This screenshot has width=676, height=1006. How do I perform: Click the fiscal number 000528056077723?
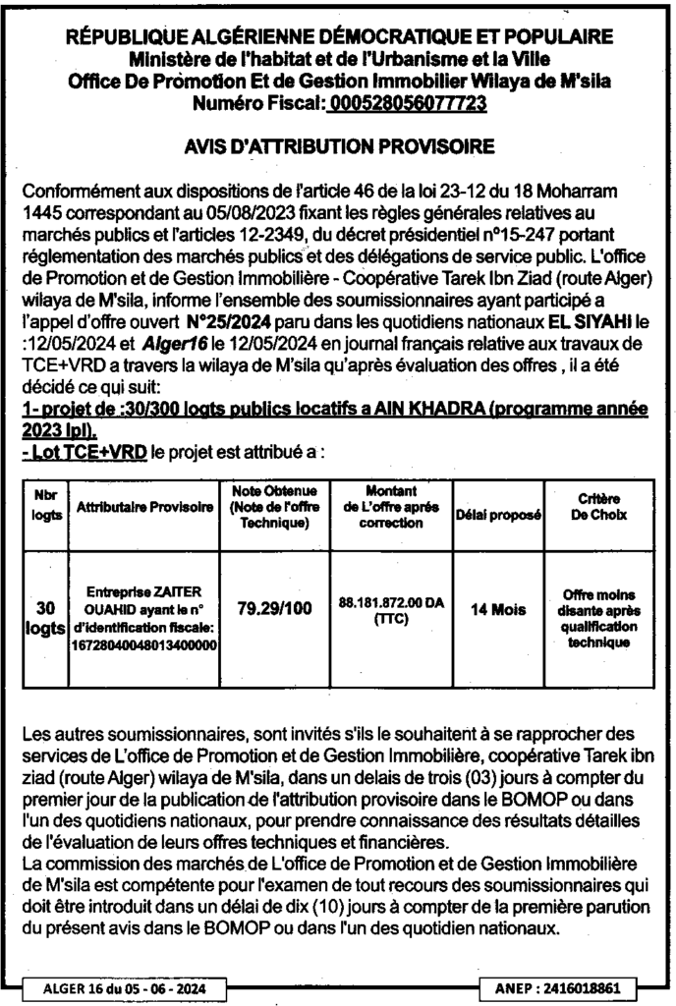coord(408,101)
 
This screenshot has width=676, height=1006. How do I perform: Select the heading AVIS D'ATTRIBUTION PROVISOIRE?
coord(339,147)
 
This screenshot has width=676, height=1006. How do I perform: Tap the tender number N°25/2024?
coord(227,321)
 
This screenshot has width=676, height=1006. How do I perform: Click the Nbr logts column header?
coord(45,507)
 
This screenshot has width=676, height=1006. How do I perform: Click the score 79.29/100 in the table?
coord(274,608)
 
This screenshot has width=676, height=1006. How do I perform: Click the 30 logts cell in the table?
coord(45,616)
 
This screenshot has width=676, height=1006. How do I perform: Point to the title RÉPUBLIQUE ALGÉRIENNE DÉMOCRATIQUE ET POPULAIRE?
coord(339,36)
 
